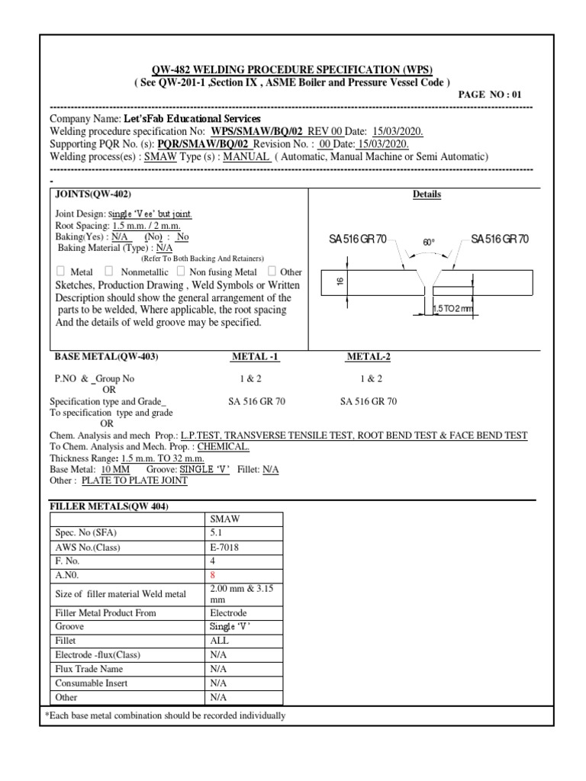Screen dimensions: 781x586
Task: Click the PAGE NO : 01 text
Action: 489,95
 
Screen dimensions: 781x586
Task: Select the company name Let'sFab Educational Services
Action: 192,120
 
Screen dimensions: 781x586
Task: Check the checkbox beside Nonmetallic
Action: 108,272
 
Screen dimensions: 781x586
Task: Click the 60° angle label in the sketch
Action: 429,242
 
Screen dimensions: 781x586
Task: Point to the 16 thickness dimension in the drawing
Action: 340,283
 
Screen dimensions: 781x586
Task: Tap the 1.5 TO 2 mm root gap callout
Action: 452,308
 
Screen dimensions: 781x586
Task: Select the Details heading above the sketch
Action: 427,194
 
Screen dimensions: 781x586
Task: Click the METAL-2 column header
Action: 368,357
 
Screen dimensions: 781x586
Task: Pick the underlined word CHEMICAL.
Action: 223,446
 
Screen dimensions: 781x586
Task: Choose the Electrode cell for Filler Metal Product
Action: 228,612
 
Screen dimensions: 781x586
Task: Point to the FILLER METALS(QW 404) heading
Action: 109,507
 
